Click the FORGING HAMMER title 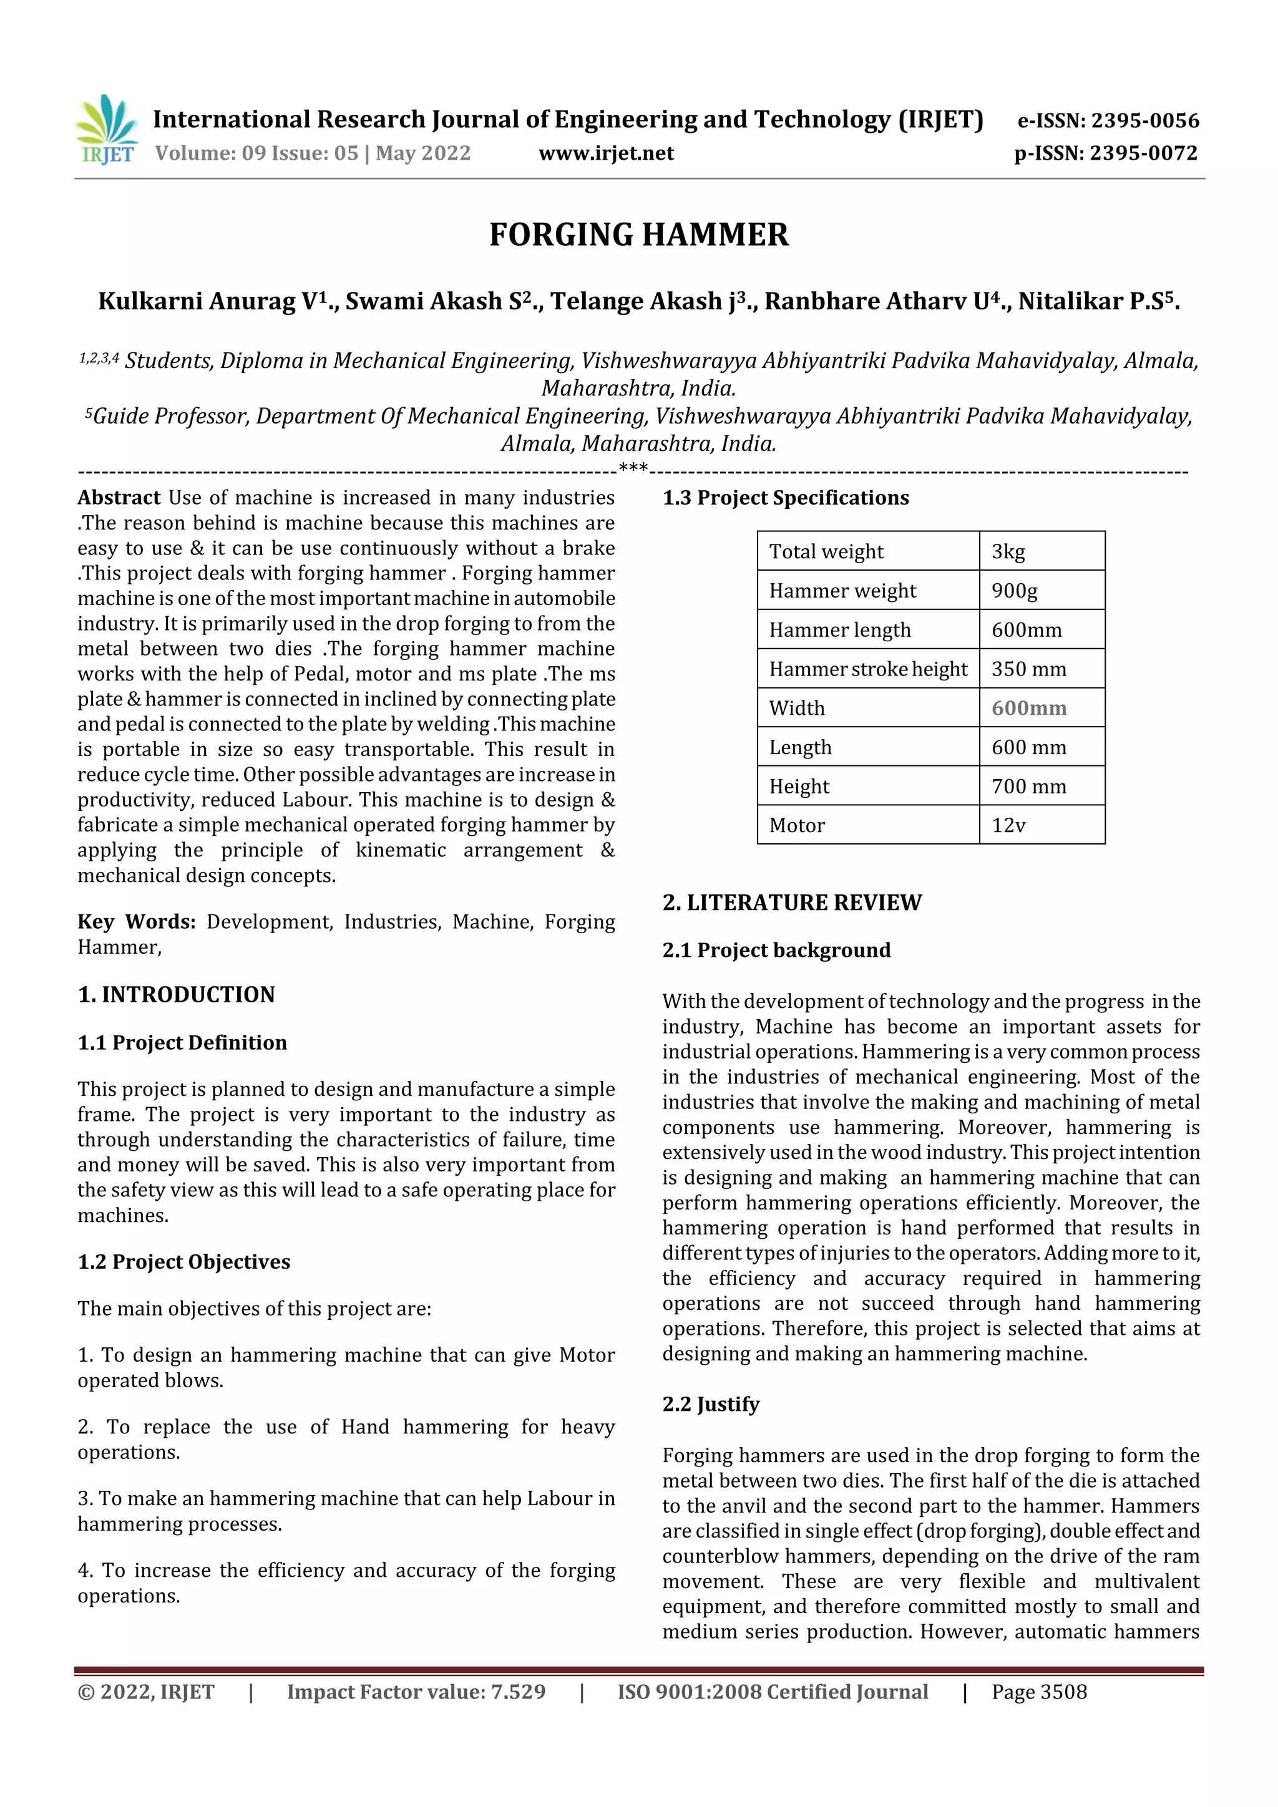(638, 235)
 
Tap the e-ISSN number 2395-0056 (1144, 121)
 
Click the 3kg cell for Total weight (1008, 551)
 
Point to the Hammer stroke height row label (868, 669)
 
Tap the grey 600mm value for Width (1028, 709)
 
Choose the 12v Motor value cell (1008, 826)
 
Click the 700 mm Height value (1028, 786)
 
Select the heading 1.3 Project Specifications (785, 498)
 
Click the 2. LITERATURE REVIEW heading (791, 903)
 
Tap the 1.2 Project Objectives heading (183, 1262)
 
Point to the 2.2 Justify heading (710, 1404)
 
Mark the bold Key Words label (136, 922)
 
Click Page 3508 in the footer (1038, 1692)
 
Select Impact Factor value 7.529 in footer (416, 1692)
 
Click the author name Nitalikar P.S (1097, 301)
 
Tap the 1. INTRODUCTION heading (177, 995)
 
